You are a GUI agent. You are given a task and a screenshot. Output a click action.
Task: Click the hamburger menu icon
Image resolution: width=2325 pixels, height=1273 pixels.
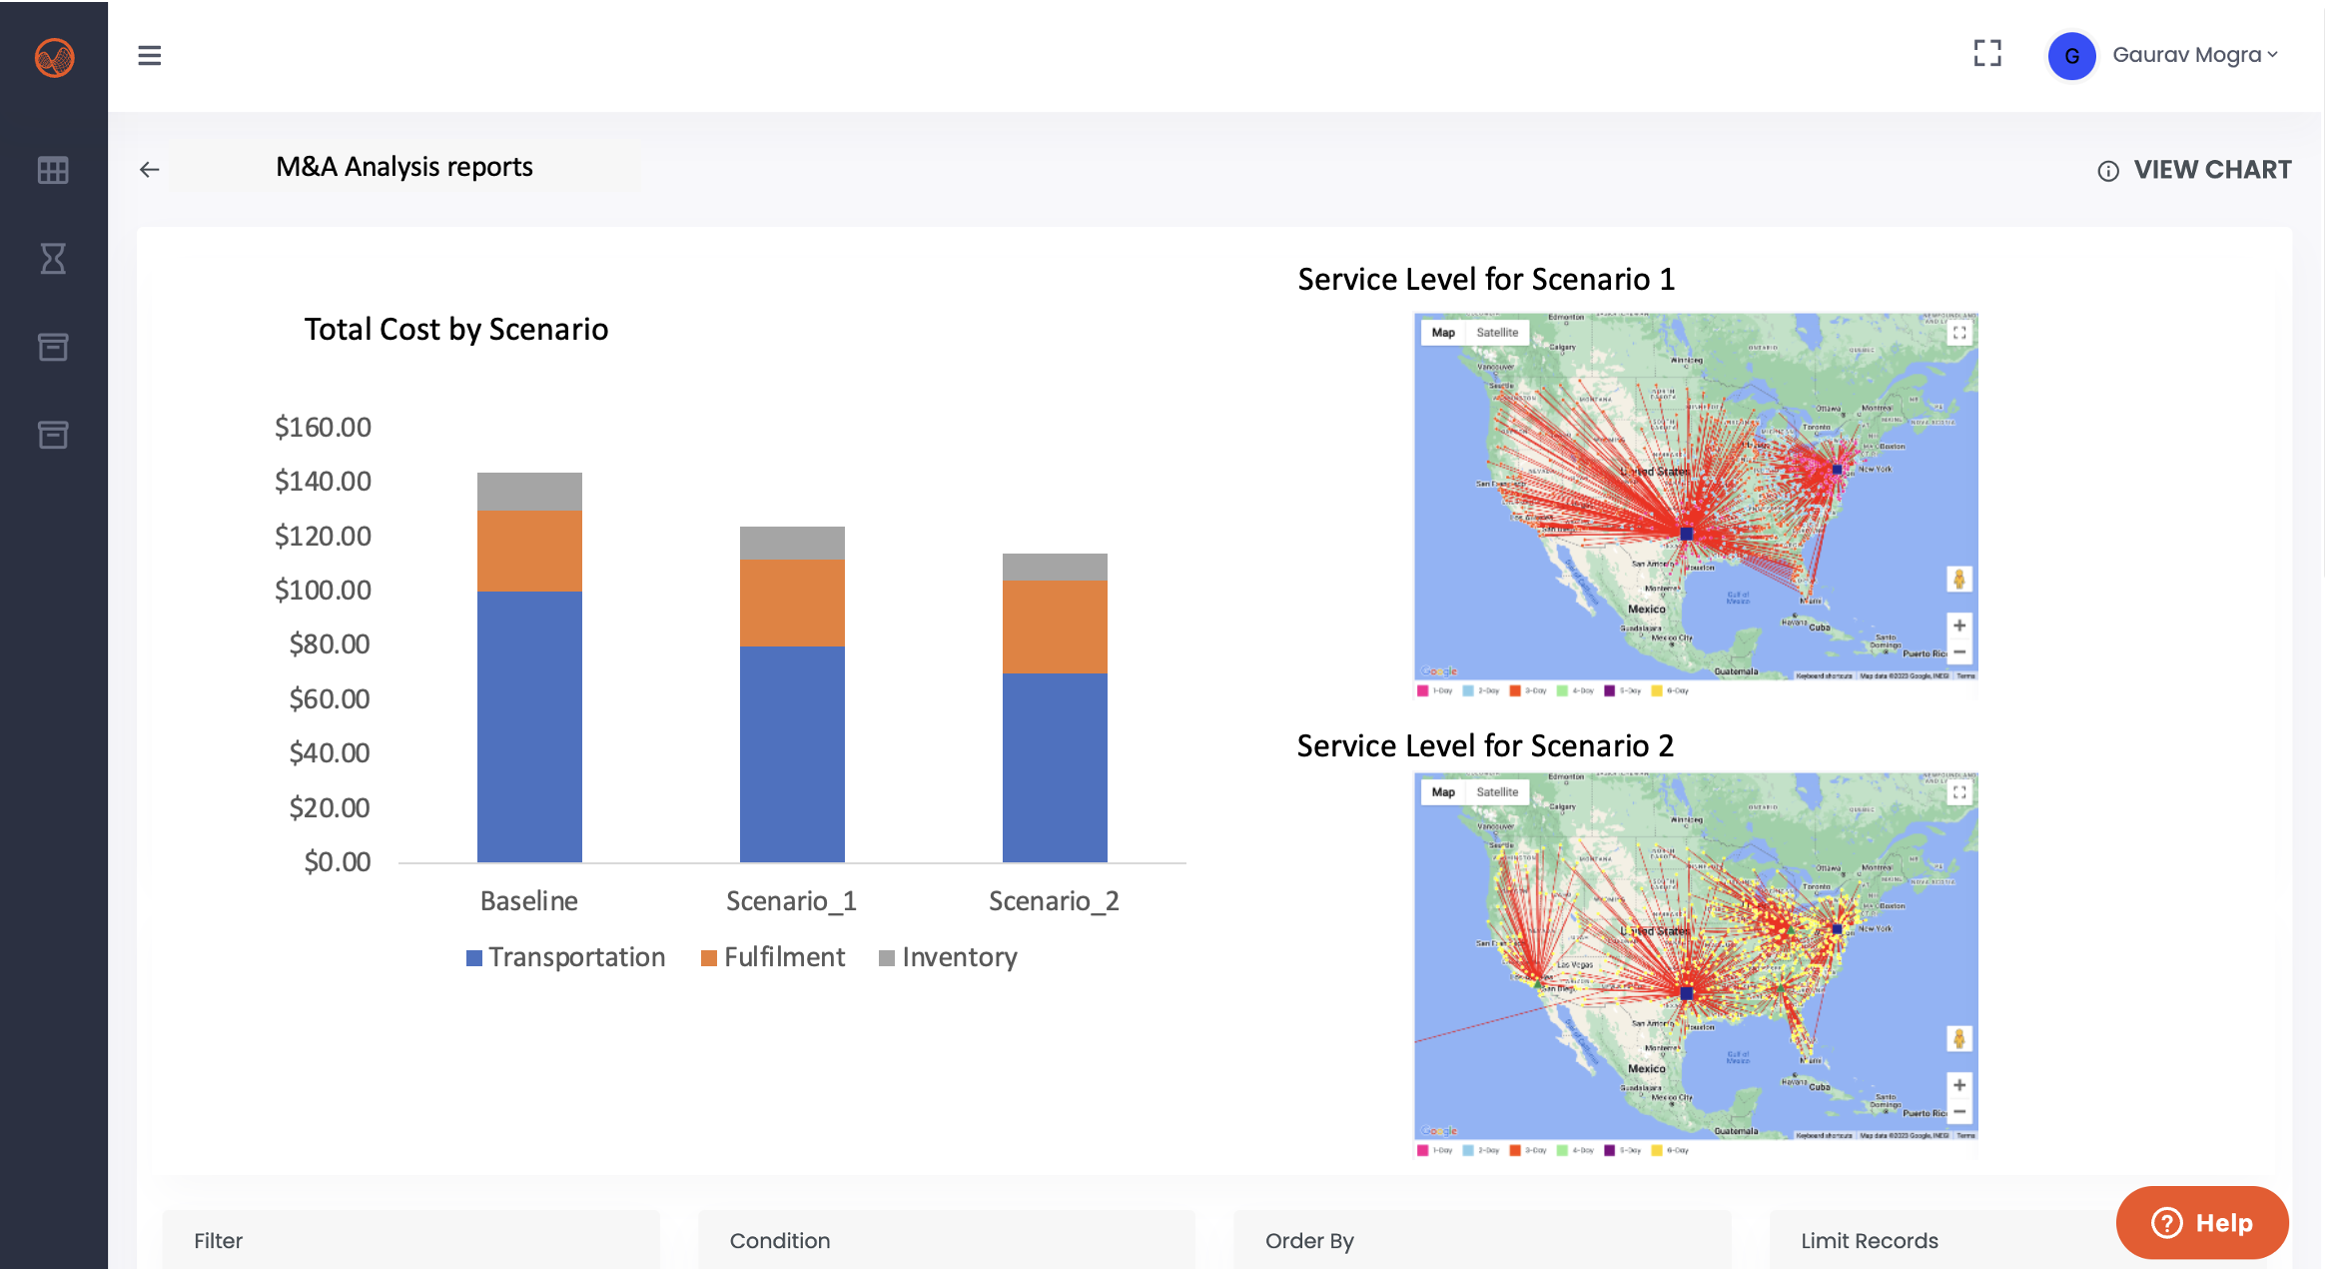pyautogui.click(x=150, y=55)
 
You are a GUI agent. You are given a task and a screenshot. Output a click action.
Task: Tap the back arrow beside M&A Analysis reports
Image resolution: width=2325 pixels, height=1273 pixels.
pyautogui.click(x=150, y=170)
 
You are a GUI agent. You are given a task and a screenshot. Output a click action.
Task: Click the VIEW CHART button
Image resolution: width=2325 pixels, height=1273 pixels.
pyautogui.click(x=2194, y=170)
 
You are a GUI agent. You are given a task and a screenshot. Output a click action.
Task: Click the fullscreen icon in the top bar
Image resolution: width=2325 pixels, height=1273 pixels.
pyautogui.click(x=1987, y=54)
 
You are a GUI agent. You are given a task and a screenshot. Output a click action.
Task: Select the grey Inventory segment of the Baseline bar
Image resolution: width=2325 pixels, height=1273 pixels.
pyautogui.click(x=529, y=492)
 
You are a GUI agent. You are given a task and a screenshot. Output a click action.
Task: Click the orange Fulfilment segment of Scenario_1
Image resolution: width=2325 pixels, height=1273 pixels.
pyautogui.click(x=792, y=603)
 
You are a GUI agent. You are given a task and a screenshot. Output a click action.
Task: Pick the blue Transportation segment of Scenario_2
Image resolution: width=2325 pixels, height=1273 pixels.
pyautogui.click(x=1055, y=767)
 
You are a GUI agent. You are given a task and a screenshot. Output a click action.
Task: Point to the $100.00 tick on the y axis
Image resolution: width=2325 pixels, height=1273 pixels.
pyautogui.click(x=323, y=591)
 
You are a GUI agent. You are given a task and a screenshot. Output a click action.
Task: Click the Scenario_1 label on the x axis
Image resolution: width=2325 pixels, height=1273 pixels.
pyautogui.click(x=791, y=901)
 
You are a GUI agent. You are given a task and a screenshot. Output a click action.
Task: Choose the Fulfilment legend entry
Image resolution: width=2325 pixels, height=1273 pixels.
pyautogui.click(x=773, y=957)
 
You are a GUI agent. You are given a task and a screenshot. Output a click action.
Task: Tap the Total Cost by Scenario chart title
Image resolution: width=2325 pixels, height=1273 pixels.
pyautogui.click(x=456, y=330)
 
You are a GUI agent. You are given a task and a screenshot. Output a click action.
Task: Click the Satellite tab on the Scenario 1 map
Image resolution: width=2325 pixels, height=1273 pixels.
pyautogui.click(x=1497, y=333)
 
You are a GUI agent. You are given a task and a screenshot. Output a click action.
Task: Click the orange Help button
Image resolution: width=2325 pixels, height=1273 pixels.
pyautogui.click(x=2202, y=1223)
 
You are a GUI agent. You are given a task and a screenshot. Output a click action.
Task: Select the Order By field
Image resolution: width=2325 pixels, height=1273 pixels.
pyautogui.click(x=1481, y=1241)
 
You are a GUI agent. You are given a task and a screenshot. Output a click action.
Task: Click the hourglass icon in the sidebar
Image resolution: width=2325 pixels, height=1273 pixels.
pyautogui.click(x=53, y=259)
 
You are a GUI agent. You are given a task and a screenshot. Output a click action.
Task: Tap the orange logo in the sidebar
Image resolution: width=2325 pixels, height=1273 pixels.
pyautogui.click(x=54, y=57)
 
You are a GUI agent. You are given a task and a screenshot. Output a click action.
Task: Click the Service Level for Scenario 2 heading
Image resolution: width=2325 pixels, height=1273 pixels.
pyautogui.click(x=1485, y=746)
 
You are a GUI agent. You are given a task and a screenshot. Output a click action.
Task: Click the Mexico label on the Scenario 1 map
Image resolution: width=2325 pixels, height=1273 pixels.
pyautogui.click(x=1646, y=610)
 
